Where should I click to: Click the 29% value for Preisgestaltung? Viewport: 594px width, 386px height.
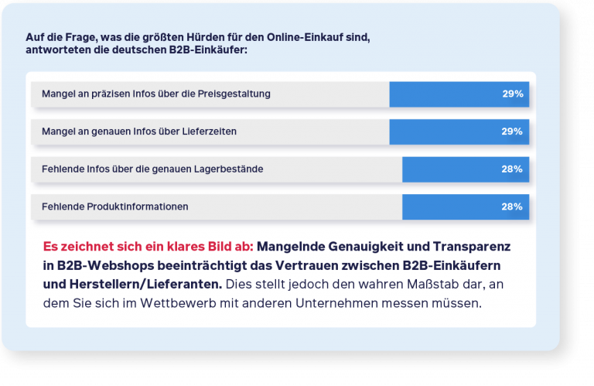tap(512, 94)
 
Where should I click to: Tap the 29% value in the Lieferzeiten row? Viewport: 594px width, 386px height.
tap(512, 132)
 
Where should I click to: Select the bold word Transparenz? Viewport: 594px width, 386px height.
tap(479, 248)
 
